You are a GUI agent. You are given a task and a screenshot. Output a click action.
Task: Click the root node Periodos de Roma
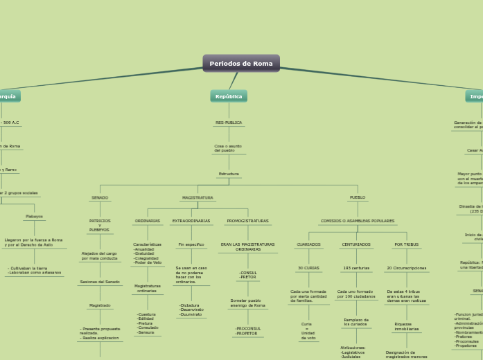[241, 64]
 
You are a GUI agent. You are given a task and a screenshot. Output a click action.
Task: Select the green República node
[229, 96]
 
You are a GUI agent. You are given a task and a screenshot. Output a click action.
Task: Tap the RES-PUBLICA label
[229, 123]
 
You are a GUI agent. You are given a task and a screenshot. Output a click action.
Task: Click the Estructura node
[229, 174]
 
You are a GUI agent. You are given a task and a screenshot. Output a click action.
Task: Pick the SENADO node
[100, 198]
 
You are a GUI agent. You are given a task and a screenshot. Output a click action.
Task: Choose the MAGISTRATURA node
[197, 198]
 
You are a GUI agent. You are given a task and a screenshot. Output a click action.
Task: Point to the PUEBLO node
[357, 198]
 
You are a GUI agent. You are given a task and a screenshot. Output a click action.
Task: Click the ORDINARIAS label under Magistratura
[148, 222]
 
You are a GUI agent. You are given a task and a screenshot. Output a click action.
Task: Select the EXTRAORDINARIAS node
[191, 222]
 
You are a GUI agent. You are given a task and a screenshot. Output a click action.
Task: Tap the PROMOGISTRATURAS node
[247, 222]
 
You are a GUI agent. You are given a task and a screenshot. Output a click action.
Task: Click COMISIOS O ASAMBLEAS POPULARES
[358, 222]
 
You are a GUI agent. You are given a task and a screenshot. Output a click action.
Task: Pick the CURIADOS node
[308, 244]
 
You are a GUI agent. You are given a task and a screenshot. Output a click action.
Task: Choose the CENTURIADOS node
[356, 244]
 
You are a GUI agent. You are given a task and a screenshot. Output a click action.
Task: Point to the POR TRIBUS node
[406, 244]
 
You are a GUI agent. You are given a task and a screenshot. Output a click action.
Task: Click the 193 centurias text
[356, 268]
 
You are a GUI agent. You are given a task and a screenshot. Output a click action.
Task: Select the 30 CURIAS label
[308, 268]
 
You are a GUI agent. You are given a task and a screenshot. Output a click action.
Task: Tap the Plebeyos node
[34, 217]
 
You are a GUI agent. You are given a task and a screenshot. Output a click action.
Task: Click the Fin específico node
[191, 244]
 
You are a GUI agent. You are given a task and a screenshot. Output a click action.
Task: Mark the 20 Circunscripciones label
[406, 268]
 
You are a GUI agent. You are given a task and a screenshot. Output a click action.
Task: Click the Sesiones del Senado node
[100, 282]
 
